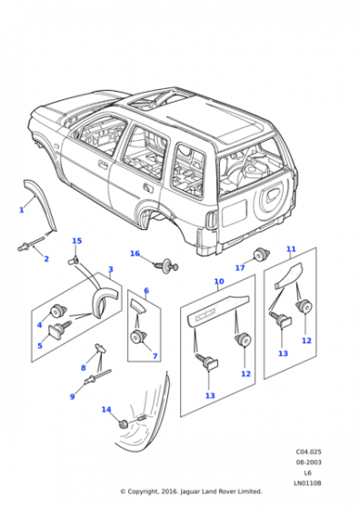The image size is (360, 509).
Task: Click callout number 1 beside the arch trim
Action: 22,210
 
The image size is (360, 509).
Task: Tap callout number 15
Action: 76,241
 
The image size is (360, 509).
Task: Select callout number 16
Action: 135,254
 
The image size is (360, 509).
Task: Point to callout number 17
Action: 240,268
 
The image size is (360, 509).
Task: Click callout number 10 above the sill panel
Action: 219,281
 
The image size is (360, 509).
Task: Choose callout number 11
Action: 291,249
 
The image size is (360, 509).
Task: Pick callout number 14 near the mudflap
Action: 106,410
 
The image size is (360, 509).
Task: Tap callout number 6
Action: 146,291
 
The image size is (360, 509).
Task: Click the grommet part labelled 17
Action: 262,254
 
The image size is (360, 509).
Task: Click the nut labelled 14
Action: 124,424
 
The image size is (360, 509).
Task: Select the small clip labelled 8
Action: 100,347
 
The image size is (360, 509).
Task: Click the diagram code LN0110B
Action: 307,484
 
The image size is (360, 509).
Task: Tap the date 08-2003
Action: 308,463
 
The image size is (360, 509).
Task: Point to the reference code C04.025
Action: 308,452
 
